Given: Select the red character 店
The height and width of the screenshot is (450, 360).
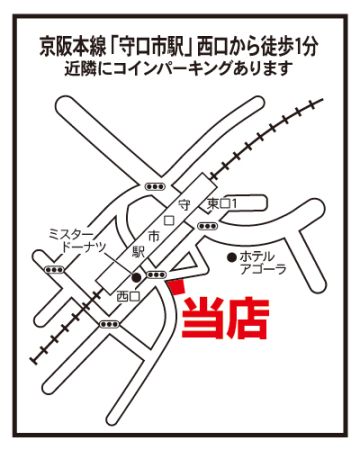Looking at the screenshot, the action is [x=248, y=318].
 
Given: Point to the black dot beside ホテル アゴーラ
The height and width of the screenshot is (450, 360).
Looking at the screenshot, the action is [x=231, y=257].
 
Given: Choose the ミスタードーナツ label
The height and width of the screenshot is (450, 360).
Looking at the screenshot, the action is [x=77, y=240].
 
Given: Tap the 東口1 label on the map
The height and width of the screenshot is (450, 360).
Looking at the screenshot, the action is [x=222, y=204].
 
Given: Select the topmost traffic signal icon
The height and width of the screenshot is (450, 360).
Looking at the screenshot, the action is [x=155, y=187].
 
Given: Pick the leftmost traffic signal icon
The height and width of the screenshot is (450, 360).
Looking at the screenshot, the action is [x=54, y=269].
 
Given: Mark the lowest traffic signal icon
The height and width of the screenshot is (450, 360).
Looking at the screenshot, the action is [x=109, y=324].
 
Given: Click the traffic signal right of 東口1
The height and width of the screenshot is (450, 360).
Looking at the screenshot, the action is [x=208, y=226].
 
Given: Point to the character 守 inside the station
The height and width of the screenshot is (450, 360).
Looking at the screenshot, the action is [x=184, y=204].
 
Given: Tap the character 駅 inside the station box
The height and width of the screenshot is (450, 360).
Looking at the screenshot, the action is [x=138, y=251].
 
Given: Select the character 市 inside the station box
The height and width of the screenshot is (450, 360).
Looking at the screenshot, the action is [x=154, y=236].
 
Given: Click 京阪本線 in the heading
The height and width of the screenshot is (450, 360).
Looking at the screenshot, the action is [x=72, y=47].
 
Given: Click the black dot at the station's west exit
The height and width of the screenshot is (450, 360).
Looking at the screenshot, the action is [x=136, y=277].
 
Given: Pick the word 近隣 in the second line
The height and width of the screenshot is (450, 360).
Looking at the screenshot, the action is [x=79, y=68].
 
